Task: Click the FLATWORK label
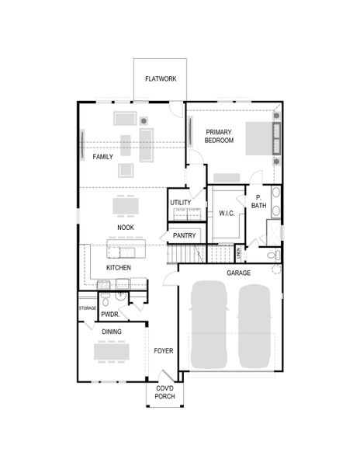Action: pos(161,79)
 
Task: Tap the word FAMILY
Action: pos(103,156)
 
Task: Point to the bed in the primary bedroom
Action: pos(260,141)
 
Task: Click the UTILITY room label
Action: pos(181,203)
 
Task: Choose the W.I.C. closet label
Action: pos(227,213)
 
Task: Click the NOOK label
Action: pos(126,228)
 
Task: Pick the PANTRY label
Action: pos(184,235)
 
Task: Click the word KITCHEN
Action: pos(119,268)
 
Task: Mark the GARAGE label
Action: pos(238,273)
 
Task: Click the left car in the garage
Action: pos(207,325)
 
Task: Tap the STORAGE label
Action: pos(88,308)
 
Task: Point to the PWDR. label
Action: pos(109,315)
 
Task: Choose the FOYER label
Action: pos(163,351)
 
